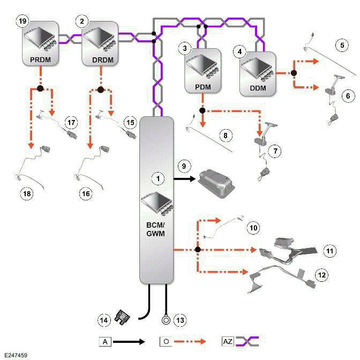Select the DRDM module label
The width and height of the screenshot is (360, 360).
(99, 61)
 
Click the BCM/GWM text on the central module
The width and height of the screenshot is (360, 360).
(156, 230)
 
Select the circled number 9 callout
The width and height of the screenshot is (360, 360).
(183, 167)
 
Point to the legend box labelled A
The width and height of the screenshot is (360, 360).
(104, 340)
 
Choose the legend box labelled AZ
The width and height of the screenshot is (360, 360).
(227, 340)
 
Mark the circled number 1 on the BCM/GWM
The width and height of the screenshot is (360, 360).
(156, 176)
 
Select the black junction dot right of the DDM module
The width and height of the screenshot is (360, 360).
(294, 72)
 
